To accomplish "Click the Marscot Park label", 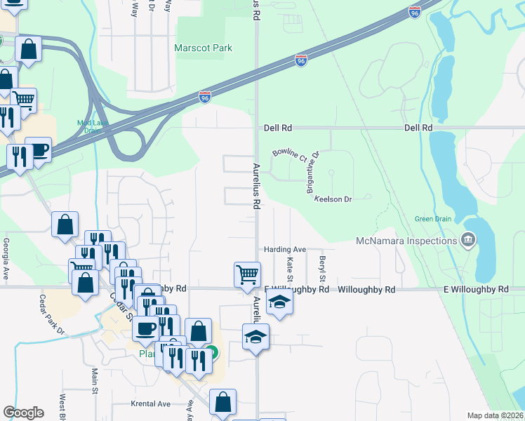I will (x=203, y=48).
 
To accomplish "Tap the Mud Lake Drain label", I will (x=90, y=127).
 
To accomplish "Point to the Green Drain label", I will (x=432, y=218).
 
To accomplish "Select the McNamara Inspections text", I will (x=406, y=241).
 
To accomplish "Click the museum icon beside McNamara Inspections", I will (x=467, y=241).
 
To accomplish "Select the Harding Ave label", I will (x=285, y=249).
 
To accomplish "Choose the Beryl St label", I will (x=323, y=265).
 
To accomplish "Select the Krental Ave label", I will (x=151, y=403).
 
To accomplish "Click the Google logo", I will (x=23, y=413).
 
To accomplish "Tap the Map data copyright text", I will (x=495, y=415).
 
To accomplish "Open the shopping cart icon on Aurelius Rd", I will (x=246, y=274).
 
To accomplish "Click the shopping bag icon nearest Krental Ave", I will (x=222, y=402).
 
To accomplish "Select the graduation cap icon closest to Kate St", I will (x=279, y=302).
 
